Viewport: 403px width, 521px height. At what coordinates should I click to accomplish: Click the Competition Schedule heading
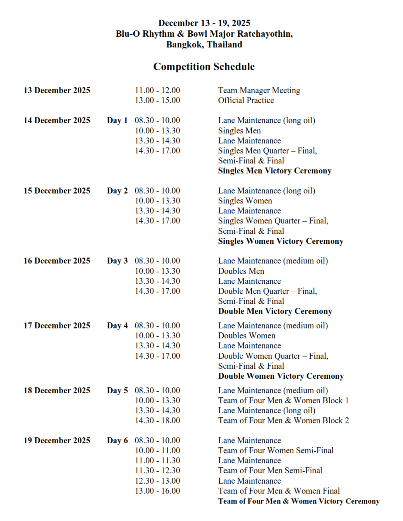pos(204,67)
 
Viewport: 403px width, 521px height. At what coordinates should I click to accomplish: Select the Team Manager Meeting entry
pos(259,90)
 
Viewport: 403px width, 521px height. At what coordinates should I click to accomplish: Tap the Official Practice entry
pos(246,100)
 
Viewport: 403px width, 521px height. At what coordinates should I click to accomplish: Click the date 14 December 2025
pos(57,120)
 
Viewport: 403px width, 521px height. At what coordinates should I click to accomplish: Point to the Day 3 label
pos(117,261)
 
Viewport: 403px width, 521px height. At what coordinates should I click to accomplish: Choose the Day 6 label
pos(117,441)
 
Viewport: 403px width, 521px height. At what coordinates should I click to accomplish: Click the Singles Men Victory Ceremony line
pos(275,171)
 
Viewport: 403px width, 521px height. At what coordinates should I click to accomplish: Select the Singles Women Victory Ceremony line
pos(281,241)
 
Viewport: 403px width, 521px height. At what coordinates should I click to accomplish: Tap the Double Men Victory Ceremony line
pos(275,311)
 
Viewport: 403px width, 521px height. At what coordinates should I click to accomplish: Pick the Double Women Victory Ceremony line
pos(281,376)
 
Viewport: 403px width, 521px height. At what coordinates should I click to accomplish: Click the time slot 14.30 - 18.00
pos(157,421)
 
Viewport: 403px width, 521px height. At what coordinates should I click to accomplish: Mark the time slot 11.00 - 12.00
pos(157,90)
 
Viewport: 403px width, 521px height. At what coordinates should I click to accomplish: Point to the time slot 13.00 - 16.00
pos(157,491)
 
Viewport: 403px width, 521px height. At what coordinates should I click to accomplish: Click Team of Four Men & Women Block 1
pos(283,401)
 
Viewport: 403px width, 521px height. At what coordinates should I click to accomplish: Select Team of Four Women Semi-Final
pos(275,451)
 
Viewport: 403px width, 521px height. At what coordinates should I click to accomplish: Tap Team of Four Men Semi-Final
pos(270,471)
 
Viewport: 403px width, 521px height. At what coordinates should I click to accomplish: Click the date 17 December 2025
pos(57,326)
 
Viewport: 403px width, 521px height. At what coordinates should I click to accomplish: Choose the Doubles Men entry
pos(241,271)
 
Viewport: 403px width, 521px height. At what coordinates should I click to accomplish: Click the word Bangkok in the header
pos(184,45)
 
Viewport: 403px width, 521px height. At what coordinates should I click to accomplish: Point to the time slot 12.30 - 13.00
pos(157,481)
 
